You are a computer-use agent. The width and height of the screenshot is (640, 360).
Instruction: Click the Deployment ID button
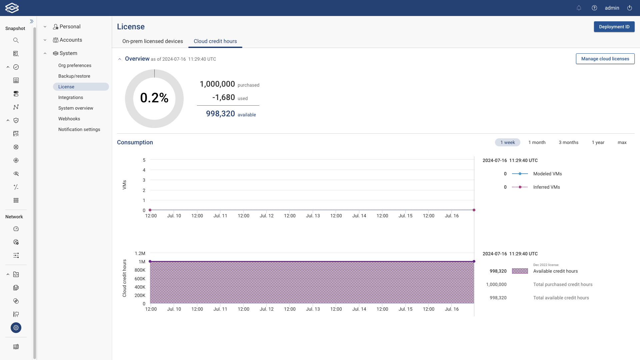[614, 27]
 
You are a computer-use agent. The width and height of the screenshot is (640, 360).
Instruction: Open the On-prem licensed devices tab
[152, 41]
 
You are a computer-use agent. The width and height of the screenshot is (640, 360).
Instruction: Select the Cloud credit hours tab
[215, 41]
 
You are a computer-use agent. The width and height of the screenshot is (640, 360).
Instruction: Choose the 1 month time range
[537, 142]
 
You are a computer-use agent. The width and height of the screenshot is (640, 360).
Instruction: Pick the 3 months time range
[568, 142]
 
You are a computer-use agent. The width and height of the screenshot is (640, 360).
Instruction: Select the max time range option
[622, 142]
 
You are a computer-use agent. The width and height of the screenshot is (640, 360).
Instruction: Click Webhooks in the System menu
[69, 119]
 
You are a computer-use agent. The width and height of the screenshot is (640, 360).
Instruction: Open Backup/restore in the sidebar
[74, 76]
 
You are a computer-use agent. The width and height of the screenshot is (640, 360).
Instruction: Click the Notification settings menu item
[79, 129]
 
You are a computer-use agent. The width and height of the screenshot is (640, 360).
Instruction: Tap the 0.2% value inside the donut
[154, 98]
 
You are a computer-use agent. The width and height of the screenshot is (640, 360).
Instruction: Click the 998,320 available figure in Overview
[220, 114]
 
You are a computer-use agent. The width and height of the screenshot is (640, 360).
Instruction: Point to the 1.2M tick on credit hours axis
[140, 253]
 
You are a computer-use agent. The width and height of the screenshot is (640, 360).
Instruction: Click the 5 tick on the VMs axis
[144, 160]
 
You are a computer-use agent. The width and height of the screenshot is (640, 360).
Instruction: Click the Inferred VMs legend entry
[546, 187]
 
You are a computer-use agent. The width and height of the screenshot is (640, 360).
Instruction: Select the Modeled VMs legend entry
[547, 174]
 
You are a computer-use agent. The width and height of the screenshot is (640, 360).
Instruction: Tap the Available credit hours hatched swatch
[520, 271]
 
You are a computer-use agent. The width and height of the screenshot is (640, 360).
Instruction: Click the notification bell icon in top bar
[579, 8]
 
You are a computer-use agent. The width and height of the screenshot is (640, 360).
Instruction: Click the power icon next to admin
[629, 8]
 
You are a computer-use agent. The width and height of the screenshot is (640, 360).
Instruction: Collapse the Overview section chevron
[120, 59]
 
